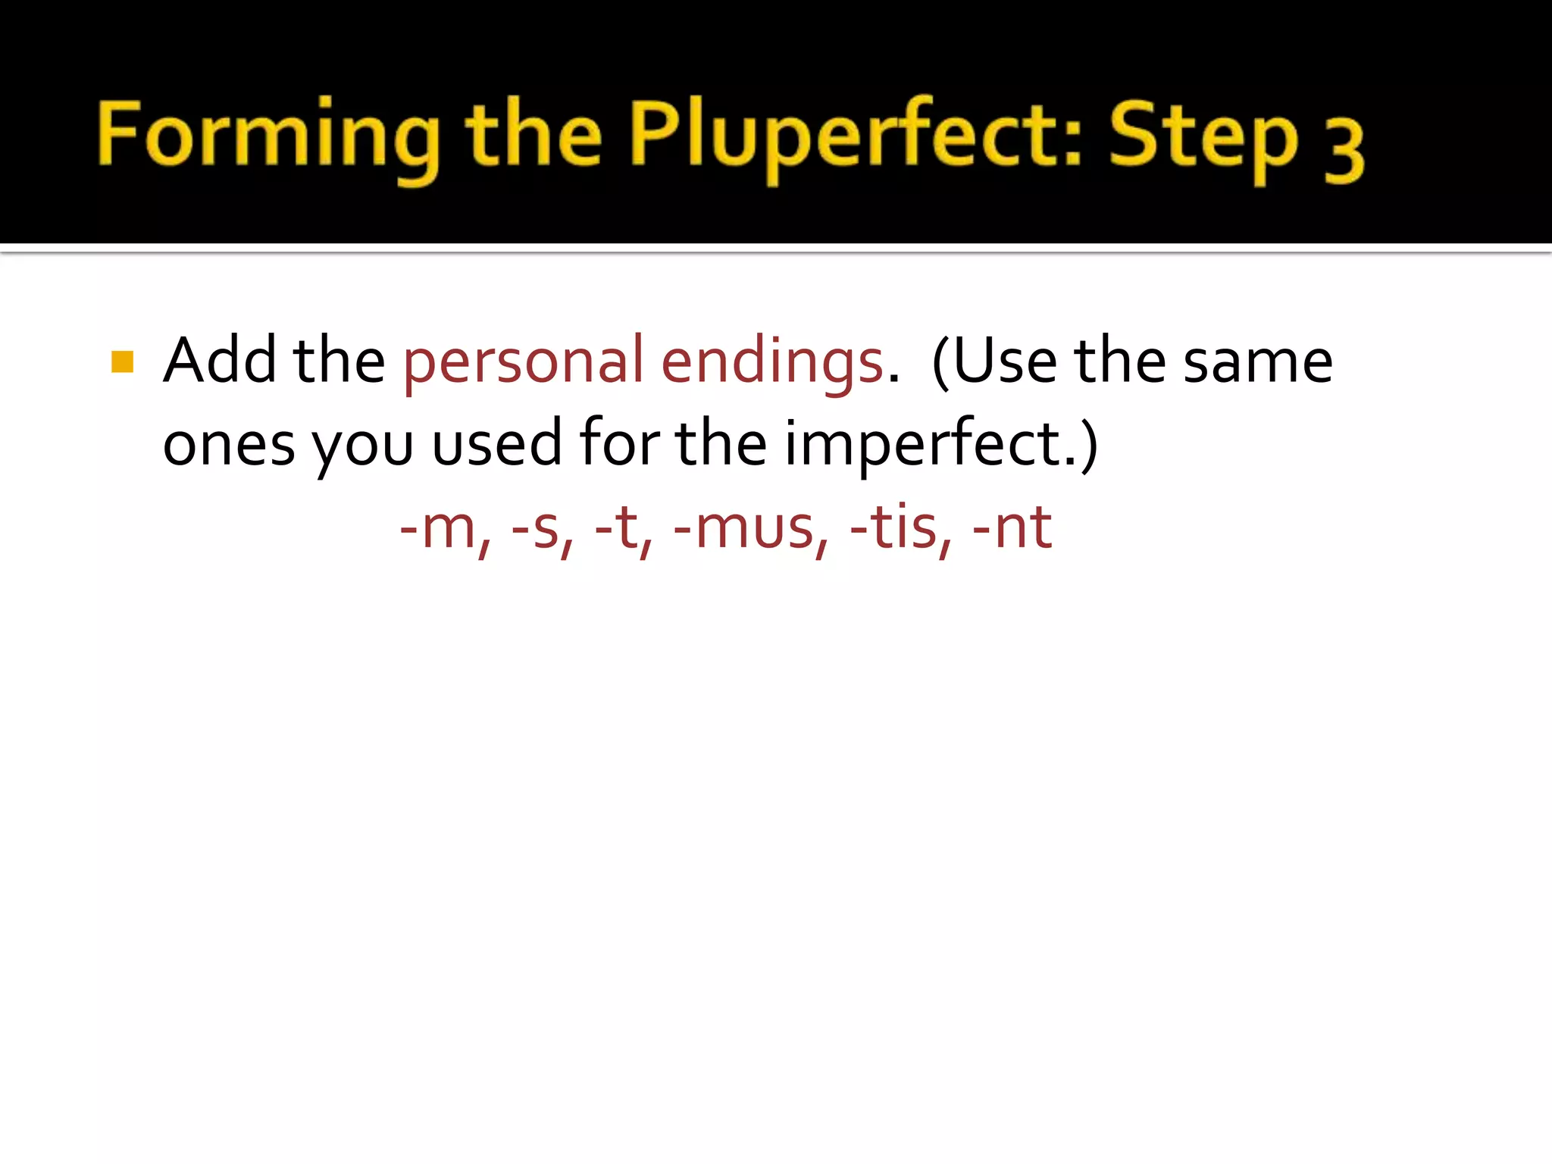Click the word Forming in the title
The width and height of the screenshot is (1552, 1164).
pos(269,136)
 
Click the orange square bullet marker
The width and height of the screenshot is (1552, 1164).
pos(122,361)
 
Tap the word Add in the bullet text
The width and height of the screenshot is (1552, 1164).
pos(221,361)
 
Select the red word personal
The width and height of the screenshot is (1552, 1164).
pos(524,362)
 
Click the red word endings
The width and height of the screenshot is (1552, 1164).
pos(771,362)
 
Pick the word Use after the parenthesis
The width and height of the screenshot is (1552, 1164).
pos(1004,361)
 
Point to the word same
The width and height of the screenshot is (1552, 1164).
pos(1258,362)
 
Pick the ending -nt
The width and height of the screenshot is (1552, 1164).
pos(1012,527)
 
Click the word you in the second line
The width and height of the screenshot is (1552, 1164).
pos(363,447)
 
